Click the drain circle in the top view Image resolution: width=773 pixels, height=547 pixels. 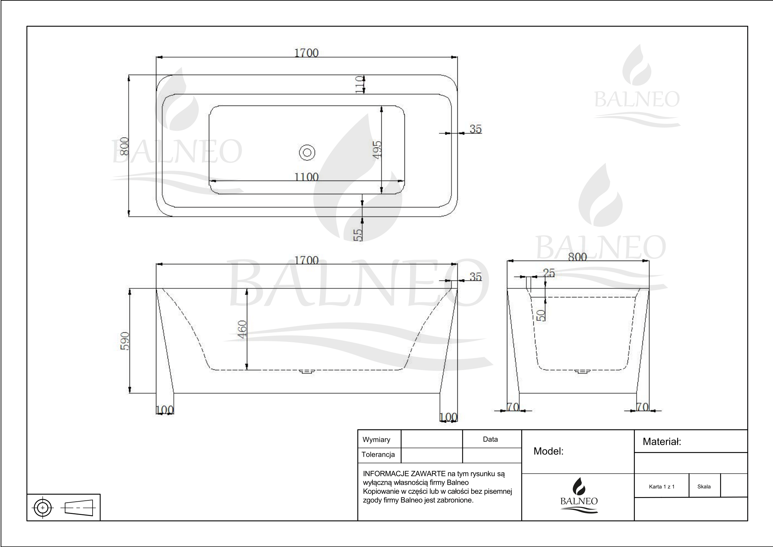(307, 152)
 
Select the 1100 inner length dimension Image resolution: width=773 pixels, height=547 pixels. (306, 177)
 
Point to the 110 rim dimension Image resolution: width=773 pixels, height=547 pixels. (359, 84)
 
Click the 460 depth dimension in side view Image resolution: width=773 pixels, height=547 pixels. (242, 328)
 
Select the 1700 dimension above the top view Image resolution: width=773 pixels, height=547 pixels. (306, 53)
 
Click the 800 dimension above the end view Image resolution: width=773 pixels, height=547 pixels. (577, 257)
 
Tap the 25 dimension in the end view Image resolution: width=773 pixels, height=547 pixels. (549, 273)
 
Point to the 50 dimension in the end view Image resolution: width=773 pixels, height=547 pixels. (541, 315)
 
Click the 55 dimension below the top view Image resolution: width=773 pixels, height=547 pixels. (358, 235)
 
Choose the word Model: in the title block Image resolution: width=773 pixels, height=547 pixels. (549, 451)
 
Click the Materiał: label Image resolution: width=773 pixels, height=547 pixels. (662, 442)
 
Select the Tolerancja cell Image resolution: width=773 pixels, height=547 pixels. (378, 455)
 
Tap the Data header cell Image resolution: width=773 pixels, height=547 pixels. (490, 439)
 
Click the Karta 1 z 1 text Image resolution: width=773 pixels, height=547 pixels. (662, 486)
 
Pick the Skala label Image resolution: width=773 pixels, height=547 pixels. (704, 486)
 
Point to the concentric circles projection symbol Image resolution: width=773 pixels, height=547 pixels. (42, 507)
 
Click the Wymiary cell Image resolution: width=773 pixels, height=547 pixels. (376, 440)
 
